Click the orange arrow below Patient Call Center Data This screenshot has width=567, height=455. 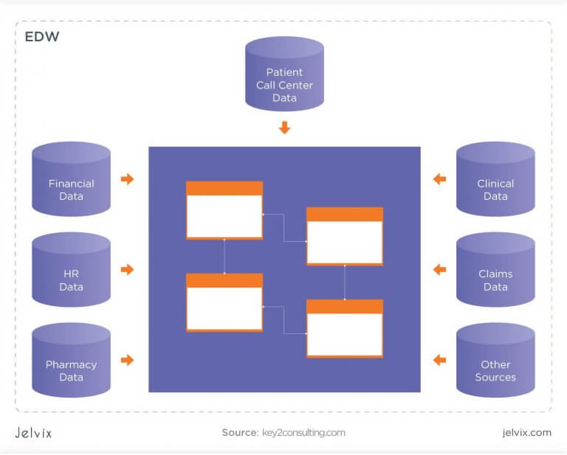pyautogui.click(x=284, y=128)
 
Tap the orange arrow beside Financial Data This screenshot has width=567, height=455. pyautogui.click(x=128, y=178)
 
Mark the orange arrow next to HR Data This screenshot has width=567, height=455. pyautogui.click(x=128, y=269)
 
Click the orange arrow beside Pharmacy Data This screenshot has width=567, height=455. pyautogui.click(x=128, y=360)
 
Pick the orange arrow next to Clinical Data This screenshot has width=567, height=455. pyautogui.click(x=440, y=178)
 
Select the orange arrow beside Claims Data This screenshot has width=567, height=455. pyautogui.click(x=440, y=269)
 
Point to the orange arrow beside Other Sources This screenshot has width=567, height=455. pyautogui.click(x=440, y=360)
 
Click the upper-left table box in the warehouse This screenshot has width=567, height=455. pyautogui.click(x=224, y=210)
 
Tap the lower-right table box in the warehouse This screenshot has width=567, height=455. pyautogui.click(x=345, y=328)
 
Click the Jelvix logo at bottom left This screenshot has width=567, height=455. pyautogui.click(x=33, y=433)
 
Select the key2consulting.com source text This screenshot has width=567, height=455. pyautogui.click(x=303, y=433)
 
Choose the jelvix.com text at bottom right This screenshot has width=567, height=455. pyautogui.click(x=524, y=433)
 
